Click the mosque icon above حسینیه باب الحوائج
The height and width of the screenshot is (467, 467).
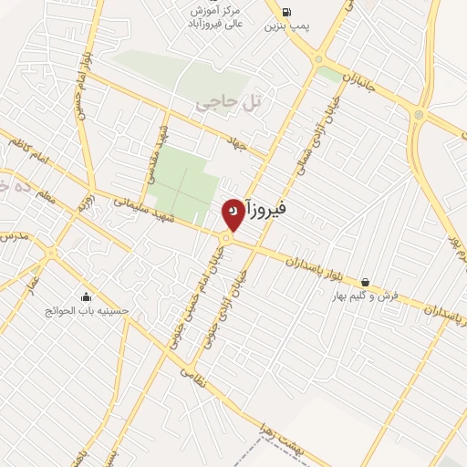[87, 296]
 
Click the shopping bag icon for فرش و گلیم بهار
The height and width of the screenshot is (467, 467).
[365, 282]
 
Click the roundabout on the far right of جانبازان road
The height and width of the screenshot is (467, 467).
[418, 114]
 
